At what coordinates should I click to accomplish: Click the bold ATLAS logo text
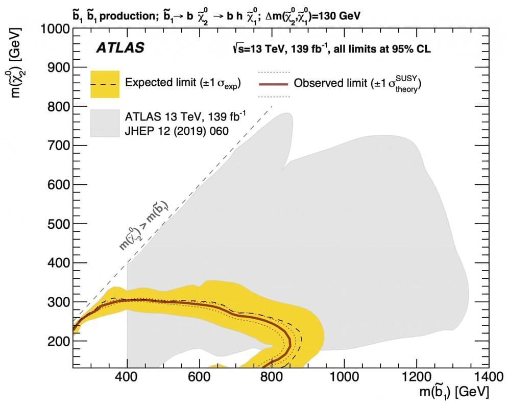tap(120, 49)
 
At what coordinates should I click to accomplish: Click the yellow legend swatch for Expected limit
tap(105, 84)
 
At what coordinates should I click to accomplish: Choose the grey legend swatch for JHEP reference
tap(105, 123)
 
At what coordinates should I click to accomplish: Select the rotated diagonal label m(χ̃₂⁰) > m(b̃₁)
tap(144, 225)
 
